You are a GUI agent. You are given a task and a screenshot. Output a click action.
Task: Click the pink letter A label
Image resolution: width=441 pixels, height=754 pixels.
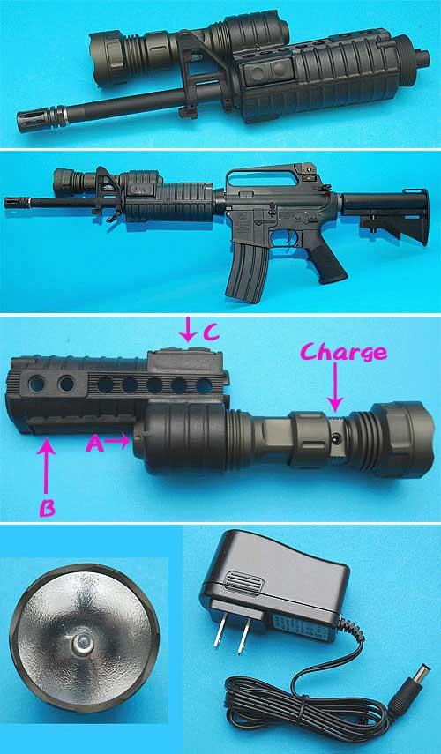point(94,444)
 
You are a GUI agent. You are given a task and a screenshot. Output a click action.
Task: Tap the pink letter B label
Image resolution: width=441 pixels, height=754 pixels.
point(46,508)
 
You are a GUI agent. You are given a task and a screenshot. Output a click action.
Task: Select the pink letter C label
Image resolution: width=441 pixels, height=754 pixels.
point(212,333)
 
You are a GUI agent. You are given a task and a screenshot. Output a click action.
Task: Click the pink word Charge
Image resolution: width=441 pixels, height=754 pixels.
point(343,353)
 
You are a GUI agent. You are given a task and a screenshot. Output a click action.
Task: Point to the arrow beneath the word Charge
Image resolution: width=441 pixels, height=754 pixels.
point(335,390)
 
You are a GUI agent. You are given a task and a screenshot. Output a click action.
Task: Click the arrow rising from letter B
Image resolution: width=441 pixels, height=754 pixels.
point(46,467)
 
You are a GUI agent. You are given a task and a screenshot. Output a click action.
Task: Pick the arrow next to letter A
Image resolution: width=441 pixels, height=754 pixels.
point(116,440)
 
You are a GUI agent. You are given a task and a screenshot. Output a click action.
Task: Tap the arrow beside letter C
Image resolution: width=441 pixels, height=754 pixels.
point(188,332)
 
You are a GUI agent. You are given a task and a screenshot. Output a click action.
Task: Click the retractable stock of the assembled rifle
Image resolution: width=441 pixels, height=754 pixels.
point(385,215)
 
